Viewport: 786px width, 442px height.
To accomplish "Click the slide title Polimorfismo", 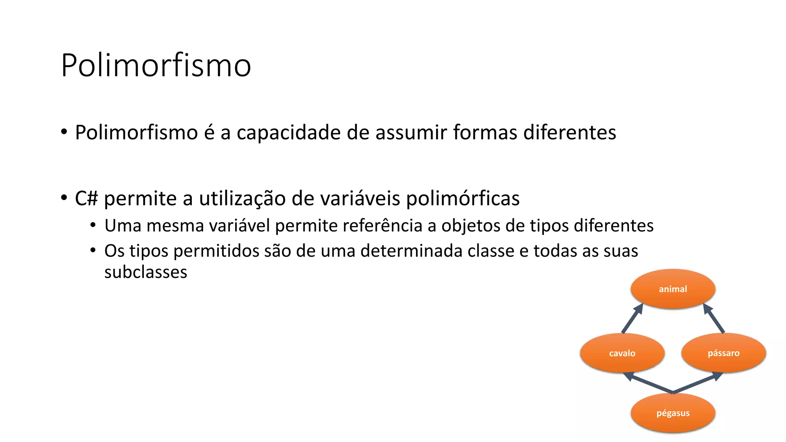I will tap(156, 65).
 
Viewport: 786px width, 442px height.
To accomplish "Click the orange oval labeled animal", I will tap(673, 289).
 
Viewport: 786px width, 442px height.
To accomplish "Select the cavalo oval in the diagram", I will tap(622, 353).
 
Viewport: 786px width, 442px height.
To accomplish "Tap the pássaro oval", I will tap(723, 353).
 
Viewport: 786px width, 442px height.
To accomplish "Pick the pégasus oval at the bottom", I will tap(673, 413).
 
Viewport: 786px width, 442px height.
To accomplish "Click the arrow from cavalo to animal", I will tap(632, 318).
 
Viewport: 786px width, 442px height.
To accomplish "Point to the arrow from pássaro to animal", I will tap(714, 318).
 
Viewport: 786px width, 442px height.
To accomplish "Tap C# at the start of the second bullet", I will tap(86, 199).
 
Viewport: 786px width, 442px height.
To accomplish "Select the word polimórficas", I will tap(462, 199).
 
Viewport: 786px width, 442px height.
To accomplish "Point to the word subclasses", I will tap(145, 272).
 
